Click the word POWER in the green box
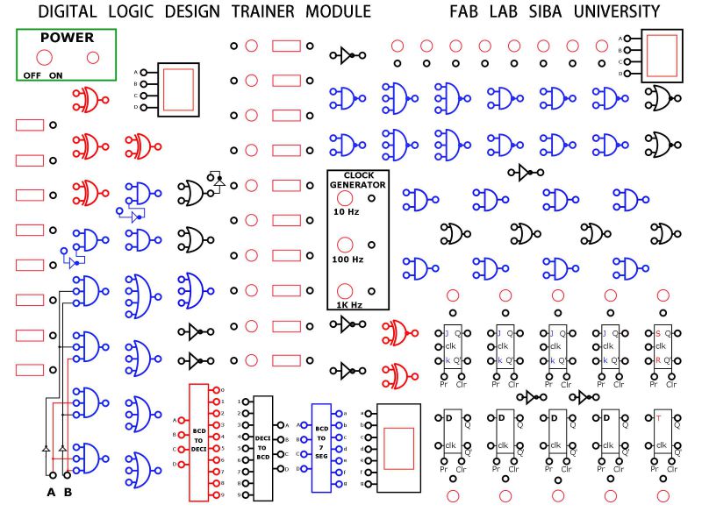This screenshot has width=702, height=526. [x=67, y=39]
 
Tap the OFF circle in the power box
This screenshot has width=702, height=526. [x=43, y=58]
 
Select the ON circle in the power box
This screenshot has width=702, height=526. [x=92, y=58]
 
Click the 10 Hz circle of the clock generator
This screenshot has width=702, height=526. [x=345, y=197]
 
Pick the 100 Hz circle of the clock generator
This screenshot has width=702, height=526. [x=345, y=245]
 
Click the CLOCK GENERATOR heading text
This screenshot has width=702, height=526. [x=352, y=180]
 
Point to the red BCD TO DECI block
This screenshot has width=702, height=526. [x=199, y=442]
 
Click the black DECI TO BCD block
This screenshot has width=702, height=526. [x=263, y=447]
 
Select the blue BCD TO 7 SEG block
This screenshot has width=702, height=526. [x=321, y=443]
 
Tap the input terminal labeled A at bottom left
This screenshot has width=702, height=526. [x=50, y=476]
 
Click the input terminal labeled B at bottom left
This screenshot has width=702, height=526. [x=68, y=476]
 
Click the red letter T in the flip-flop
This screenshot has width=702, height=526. [x=658, y=418]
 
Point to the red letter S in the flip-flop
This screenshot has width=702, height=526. [x=658, y=333]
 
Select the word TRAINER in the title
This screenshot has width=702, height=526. [x=264, y=11]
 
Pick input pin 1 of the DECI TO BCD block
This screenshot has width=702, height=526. [x=247, y=402]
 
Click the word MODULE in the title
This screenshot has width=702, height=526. [x=338, y=11]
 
